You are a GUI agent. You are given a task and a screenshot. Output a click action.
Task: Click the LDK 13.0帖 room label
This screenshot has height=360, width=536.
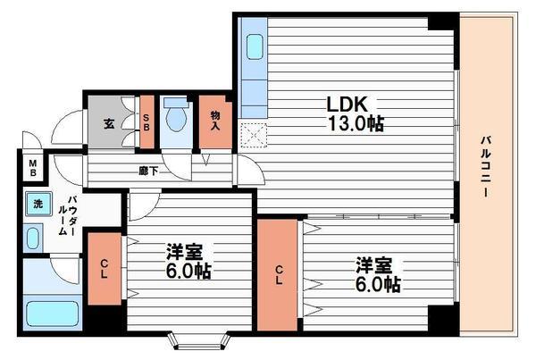[354, 113]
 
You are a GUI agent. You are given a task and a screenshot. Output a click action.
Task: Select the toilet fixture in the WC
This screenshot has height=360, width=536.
[175, 113]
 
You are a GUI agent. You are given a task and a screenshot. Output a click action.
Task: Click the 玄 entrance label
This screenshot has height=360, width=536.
[108, 123]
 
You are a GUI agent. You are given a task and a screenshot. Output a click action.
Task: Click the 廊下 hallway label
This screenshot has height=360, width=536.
[147, 170]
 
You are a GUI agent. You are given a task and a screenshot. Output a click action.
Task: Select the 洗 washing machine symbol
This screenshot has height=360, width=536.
[38, 204]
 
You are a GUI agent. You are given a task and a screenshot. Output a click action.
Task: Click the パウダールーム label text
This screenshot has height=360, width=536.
[63, 216]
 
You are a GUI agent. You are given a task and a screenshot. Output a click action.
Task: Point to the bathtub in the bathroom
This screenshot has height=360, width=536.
[52, 314]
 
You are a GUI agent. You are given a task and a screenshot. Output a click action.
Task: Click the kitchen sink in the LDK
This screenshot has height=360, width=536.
[255, 46]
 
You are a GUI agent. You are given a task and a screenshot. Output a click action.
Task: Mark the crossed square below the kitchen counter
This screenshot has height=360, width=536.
[254, 135]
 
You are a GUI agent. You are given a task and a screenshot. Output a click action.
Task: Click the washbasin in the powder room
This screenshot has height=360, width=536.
[34, 237]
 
